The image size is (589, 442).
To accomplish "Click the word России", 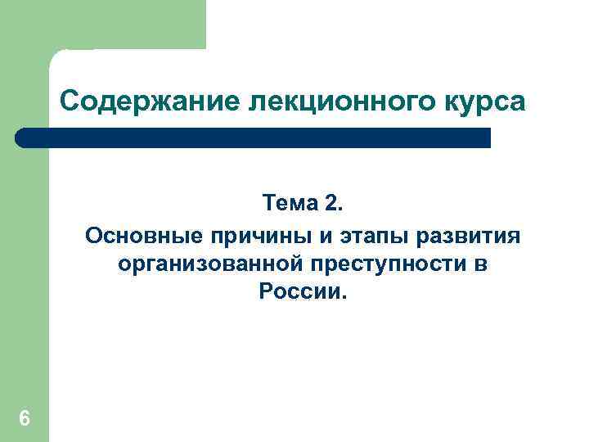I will [298, 292].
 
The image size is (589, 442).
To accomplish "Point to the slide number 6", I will [24, 419].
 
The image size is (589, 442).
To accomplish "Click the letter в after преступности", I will [481, 264].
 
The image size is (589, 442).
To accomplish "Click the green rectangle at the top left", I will [102, 25].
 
